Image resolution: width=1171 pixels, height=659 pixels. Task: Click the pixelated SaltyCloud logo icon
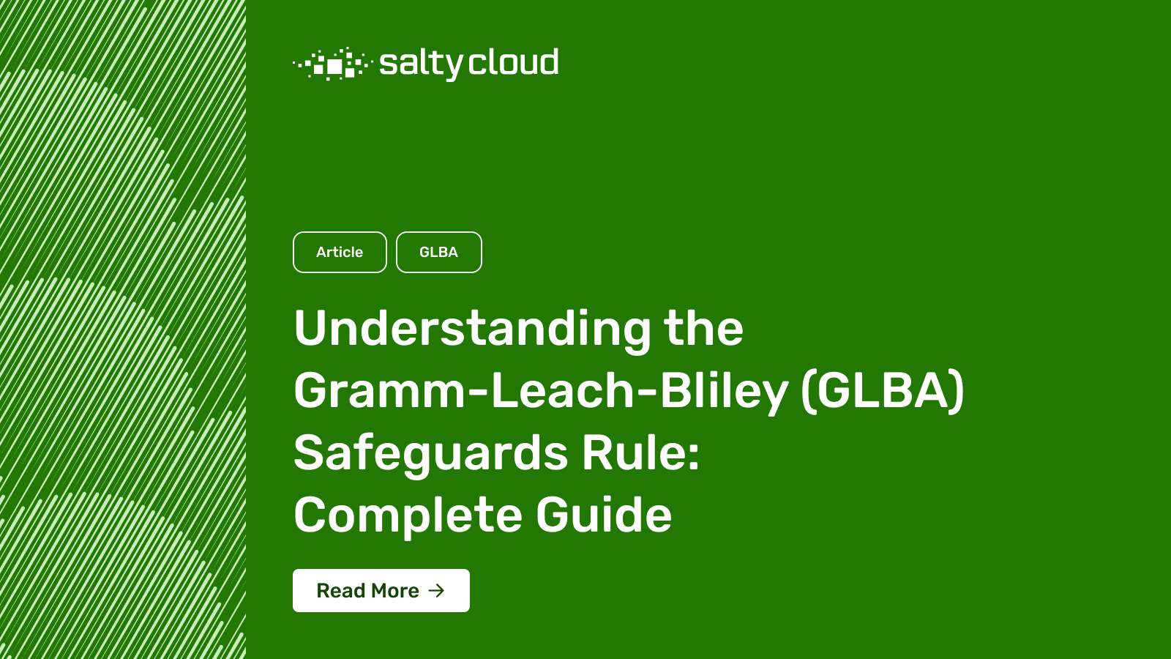coord(332,64)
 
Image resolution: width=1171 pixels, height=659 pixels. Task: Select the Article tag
coord(340,252)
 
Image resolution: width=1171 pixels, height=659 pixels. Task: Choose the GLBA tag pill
coord(439,252)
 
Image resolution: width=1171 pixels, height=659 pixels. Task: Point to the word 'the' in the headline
coord(703,328)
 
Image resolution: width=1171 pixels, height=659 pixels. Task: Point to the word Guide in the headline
coord(604,515)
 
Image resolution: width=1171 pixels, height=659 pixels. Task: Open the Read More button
coord(381,590)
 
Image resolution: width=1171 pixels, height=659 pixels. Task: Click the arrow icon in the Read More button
coord(436,590)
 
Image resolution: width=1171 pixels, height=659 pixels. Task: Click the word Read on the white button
coord(341,590)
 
